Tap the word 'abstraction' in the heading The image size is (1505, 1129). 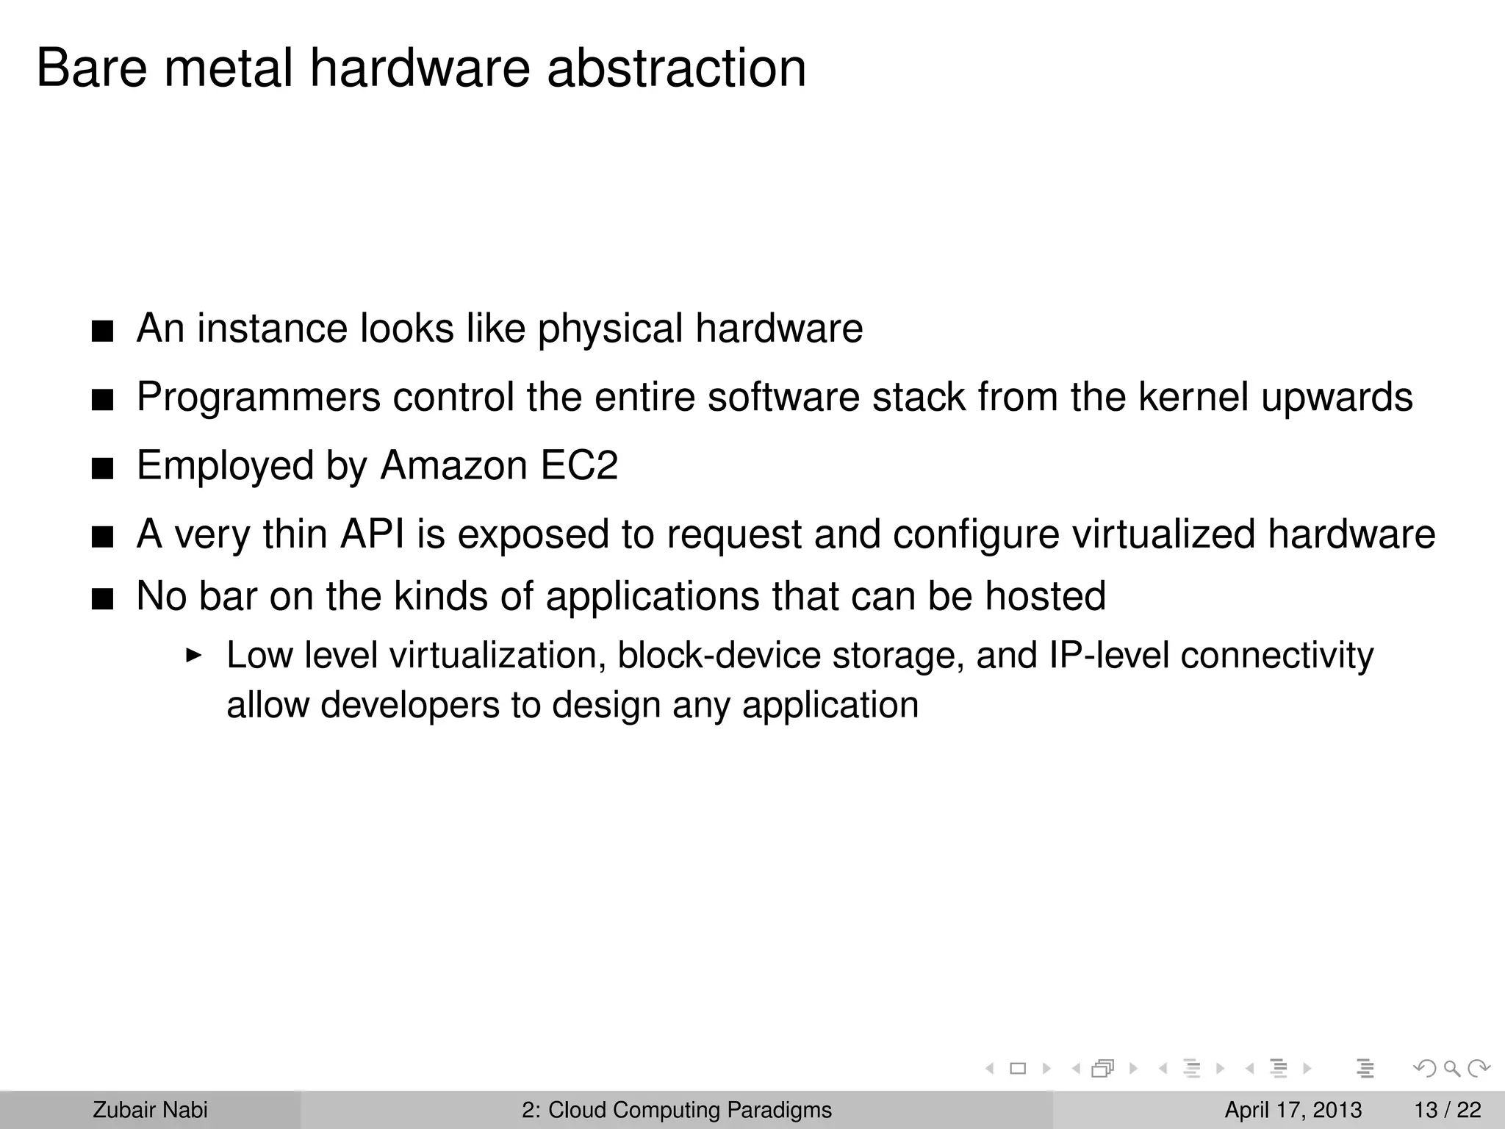tap(676, 68)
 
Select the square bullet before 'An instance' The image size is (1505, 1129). tap(103, 332)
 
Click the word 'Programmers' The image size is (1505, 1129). tap(259, 398)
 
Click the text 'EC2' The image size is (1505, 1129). tap(579, 466)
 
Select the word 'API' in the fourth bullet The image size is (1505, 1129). tap(372, 534)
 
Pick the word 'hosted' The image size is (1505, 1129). tap(1045, 596)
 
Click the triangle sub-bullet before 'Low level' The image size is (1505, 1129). tap(193, 654)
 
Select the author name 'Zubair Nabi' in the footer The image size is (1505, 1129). tap(150, 1110)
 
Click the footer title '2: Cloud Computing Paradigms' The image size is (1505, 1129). tap(677, 1110)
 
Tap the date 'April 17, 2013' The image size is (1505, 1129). tap(1293, 1110)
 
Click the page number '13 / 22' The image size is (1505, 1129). tap(1447, 1110)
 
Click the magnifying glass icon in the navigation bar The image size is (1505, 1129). tap(1452, 1069)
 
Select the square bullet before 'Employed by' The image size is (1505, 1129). tap(103, 469)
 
